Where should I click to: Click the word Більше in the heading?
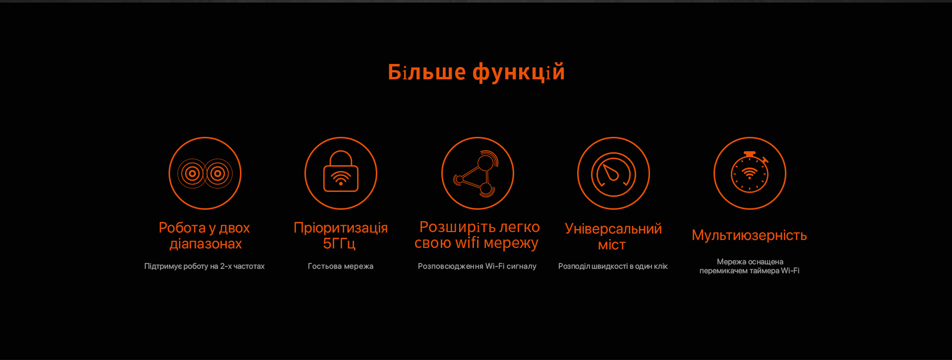(427, 72)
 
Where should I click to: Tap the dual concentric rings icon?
(205, 174)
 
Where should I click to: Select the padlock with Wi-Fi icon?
(341, 171)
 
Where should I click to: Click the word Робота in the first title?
(182, 228)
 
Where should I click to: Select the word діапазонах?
(206, 244)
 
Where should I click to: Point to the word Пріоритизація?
(341, 228)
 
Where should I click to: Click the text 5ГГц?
(339, 243)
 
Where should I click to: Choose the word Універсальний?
(613, 229)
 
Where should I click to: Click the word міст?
(612, 245)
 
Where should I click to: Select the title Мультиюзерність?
(749, 235)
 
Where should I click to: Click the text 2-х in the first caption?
(226, 266)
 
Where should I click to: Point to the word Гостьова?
(325, 266)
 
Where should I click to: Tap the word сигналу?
(522, 266)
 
